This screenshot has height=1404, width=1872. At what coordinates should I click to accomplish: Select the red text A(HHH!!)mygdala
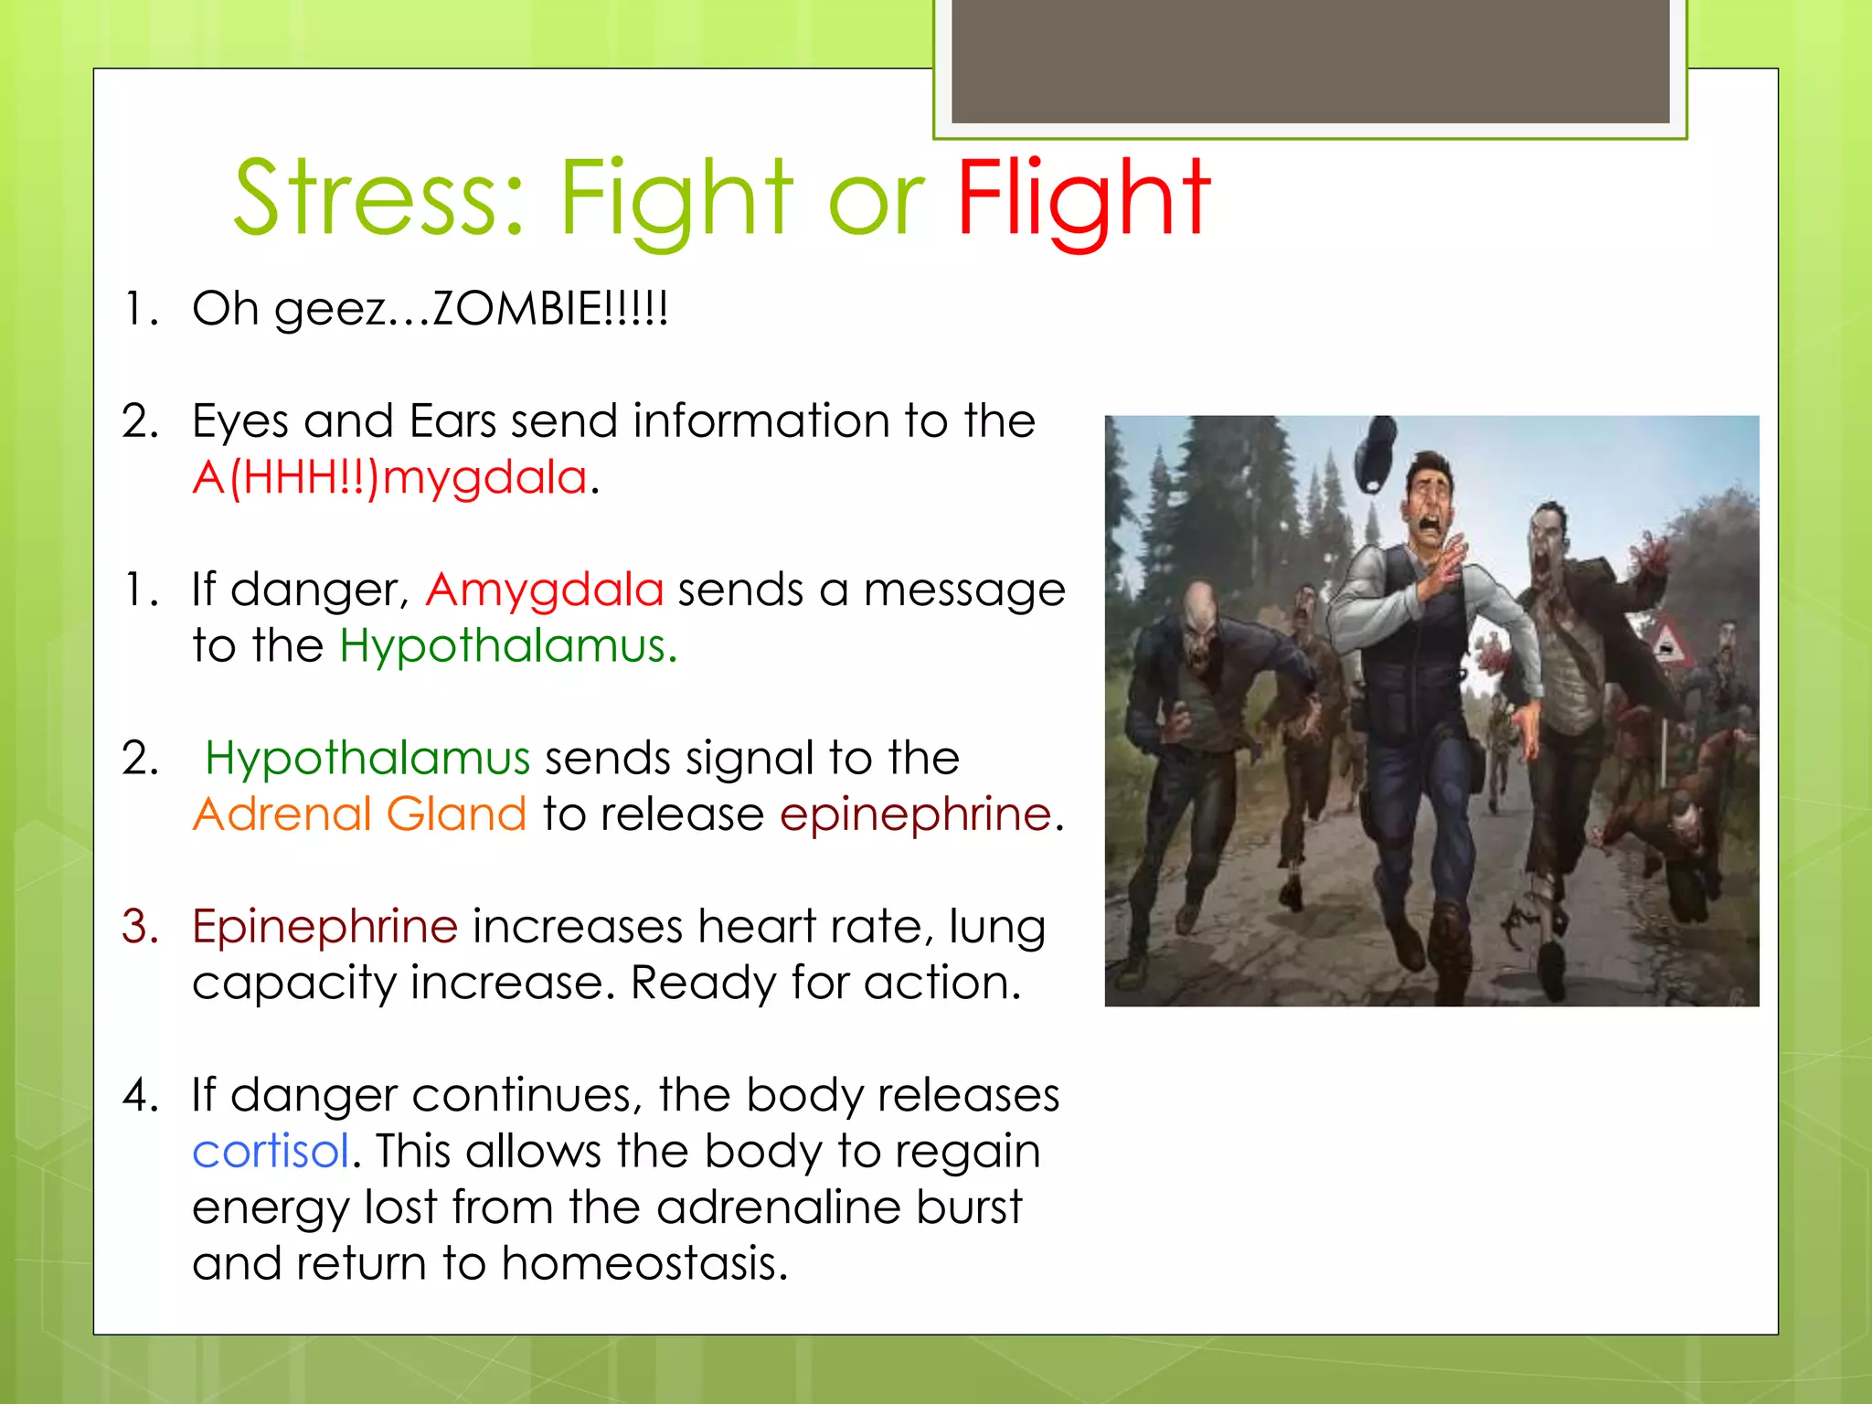click(390, 477)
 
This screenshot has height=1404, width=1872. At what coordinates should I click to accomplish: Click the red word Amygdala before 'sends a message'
click(545, 590)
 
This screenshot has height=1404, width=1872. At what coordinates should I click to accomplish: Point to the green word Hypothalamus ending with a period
click(508, 646)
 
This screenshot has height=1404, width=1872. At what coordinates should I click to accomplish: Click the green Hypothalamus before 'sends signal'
click(367, 759)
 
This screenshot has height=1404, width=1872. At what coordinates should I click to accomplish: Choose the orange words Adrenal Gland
click(359, 814)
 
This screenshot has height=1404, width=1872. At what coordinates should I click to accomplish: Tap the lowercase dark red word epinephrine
click(915, 814)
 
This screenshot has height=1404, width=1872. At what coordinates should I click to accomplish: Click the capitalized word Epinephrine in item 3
click(324, 927)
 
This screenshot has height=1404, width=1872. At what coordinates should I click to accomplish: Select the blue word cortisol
click(271, 1152)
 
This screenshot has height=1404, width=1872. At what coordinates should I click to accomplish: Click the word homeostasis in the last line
click(643, 1264)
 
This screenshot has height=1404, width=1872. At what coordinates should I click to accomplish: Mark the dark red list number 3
click(140, 927)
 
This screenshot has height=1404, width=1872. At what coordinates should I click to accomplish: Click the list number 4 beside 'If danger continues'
click(140, 1096)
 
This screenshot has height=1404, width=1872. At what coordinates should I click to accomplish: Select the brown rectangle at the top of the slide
click(1310, 60)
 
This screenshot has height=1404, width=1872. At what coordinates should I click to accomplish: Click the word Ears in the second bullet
click(452, 421)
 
